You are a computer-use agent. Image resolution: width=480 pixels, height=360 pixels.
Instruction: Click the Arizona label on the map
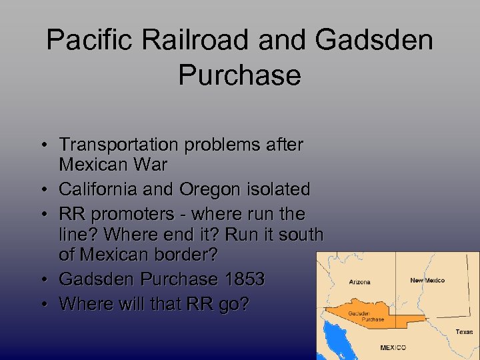point(360,281)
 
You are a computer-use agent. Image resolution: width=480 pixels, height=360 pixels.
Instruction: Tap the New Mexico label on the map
point(427,280)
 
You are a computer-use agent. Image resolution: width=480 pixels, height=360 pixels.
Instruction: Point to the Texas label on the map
point(465,331)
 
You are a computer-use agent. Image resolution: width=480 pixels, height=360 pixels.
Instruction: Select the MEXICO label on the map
point(393,347)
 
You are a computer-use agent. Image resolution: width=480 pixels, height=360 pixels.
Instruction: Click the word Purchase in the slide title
point(239,75)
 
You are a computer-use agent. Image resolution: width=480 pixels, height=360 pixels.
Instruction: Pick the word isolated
point(278,189)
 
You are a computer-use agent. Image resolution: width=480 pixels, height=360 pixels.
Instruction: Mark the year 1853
point(244,279)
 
